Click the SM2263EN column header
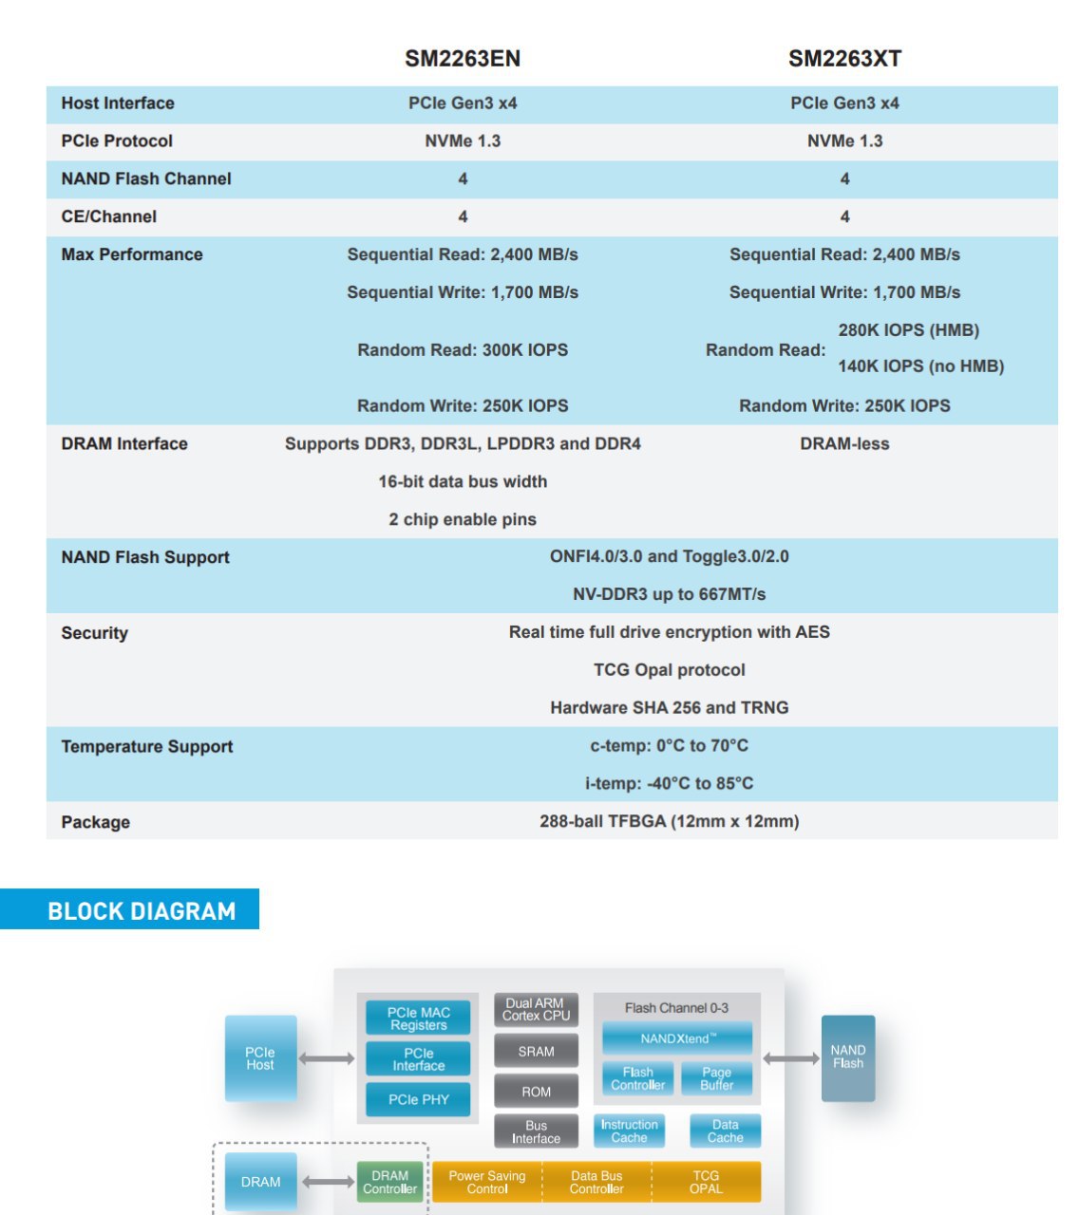tap(462, 58)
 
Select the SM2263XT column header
tap(844, 58)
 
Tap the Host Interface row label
tap(118, 103)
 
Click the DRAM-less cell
tap(844, 444)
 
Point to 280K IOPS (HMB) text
tap(908, 330)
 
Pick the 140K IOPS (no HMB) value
tap(920, 366)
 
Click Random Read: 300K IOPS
tap(462, 350)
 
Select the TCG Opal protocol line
tap(669, 670)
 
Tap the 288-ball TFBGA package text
tap(669, 822)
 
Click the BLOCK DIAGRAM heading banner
tap(129, 909)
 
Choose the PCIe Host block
tap(260, 1058)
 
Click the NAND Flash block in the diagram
tap(847, 1058)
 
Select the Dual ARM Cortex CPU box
tap(536, 1009)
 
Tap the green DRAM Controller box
tap(389, 1182)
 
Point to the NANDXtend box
tap(677, 1038)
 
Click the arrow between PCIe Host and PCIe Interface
tap(327, 1059)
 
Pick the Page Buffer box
tap(716, 1078)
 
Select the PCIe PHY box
tap(418, 1099)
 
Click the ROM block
tap(536, 1092)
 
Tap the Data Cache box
tap(725, 1131)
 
